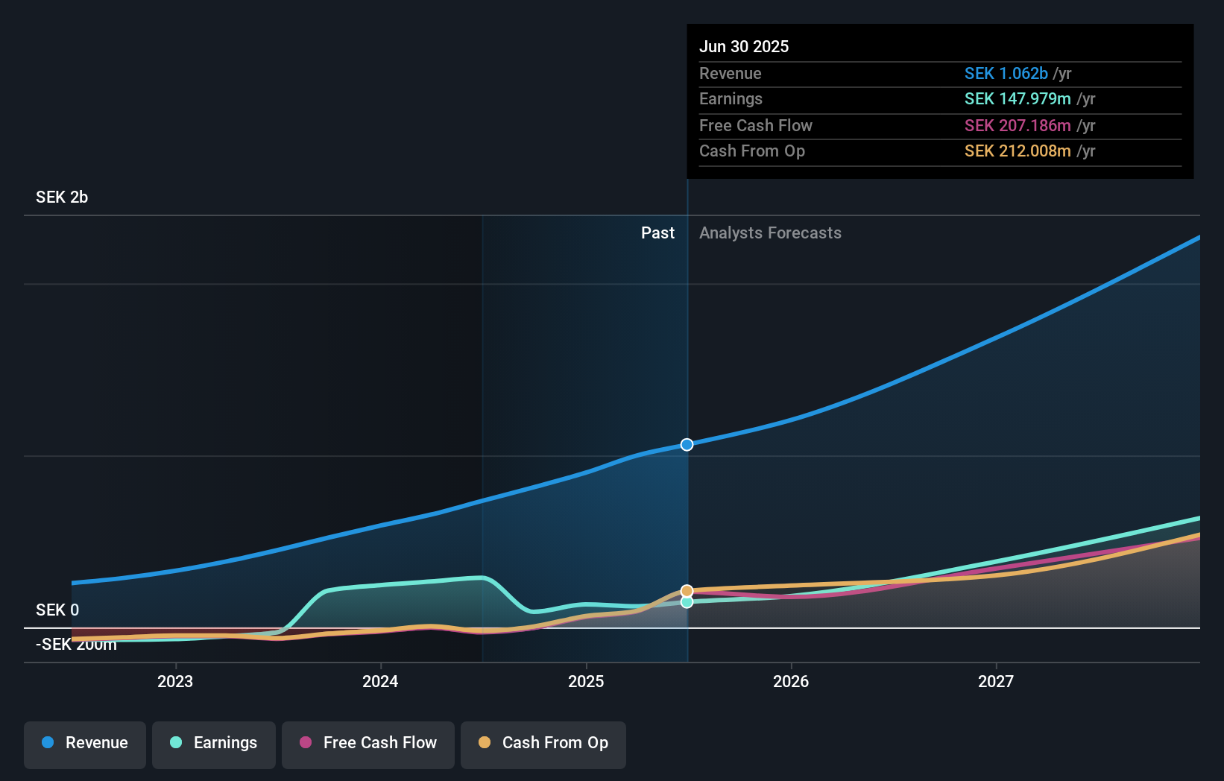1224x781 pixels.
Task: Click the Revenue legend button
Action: (85, 743)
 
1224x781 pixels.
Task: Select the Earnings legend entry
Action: (214, 743)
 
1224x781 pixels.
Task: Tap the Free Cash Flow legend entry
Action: (368, 743)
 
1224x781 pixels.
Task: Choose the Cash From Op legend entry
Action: (543, 743)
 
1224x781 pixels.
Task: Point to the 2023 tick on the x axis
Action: (175, 681)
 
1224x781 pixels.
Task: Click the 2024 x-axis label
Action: (380, 681)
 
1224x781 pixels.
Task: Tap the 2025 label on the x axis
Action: (586, 681)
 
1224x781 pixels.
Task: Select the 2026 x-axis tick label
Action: (791, 681)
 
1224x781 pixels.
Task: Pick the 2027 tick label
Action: (996, 681)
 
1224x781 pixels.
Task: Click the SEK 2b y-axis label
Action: (62, 197)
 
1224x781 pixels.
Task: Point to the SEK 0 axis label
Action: (57, 610)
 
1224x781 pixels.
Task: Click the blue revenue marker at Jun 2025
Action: (687, 445)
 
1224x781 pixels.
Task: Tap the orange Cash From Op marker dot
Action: (687, 591)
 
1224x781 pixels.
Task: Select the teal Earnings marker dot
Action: (687, 602)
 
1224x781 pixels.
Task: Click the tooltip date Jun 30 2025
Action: (744, 47)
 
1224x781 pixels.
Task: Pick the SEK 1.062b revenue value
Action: (1006, 74)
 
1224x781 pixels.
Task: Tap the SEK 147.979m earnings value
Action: (1018, 99)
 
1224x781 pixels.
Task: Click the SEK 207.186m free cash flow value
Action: (1018, 126)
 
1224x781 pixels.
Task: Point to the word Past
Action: (657, 233)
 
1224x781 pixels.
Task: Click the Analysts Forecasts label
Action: (770, 233)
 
